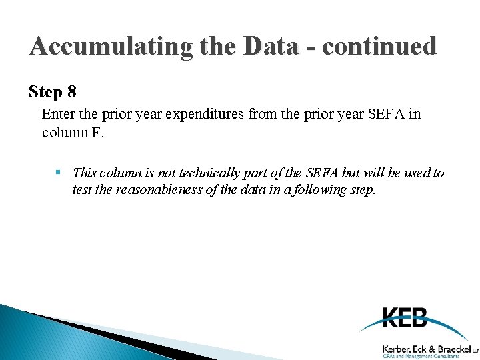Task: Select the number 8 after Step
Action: pyautogui.click(x=71, y=91)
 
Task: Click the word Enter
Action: pyautogui.click(x=57, y=114)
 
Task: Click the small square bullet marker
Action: pyautogui.click(x=59, y=173)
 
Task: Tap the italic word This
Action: pyautogui.click(x=85, y=173)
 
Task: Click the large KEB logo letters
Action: pyautogui.click(x=405, y=318)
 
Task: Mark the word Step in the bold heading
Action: pyautogui.click(x=46, y=91)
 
